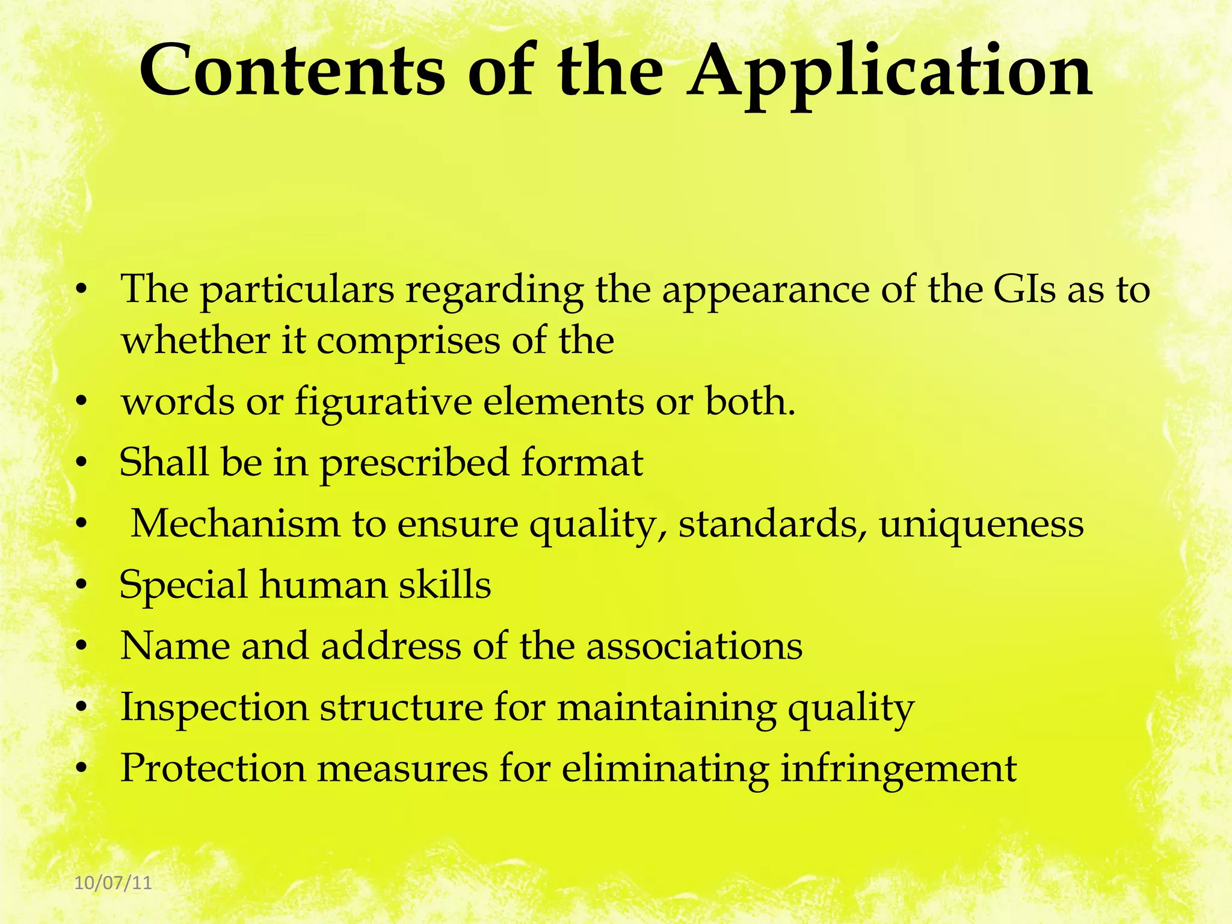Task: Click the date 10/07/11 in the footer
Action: coord(113,883)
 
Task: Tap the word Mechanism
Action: coord(235,523)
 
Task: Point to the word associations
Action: coord(694,646)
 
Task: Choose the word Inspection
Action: coord(214,709)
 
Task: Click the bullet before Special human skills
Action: coord(82,585)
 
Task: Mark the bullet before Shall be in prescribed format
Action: coord(82,463)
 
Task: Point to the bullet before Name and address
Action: coord(82,647)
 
